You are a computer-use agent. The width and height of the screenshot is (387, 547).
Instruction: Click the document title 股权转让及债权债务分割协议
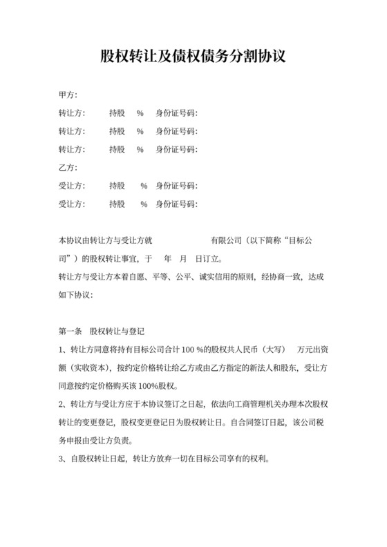point(193,56)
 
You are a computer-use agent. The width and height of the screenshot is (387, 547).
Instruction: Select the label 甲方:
point(68,94)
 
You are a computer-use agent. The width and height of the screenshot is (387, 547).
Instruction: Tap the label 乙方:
point(68,167)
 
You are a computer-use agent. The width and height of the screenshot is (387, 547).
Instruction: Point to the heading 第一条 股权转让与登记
point(102,332)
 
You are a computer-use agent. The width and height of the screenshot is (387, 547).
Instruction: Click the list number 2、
point(63,404)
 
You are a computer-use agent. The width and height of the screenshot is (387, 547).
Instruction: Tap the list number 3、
point(63,459)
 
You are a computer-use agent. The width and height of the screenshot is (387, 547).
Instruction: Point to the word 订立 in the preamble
point(209,260)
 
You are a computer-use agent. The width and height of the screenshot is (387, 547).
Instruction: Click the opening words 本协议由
point(76,242)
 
